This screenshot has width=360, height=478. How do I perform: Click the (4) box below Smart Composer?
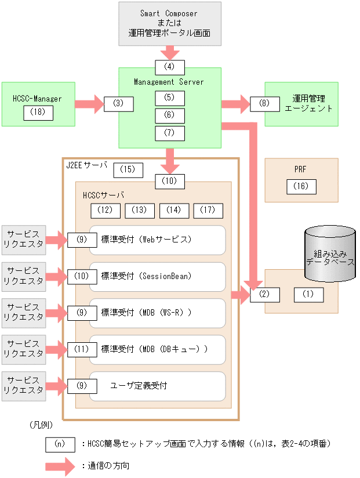coord(170,67)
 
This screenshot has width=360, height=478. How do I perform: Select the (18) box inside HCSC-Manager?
coord(38,113)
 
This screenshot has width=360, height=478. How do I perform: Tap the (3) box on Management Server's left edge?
coord(119,104)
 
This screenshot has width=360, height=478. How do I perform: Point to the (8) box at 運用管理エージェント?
coord(264,104)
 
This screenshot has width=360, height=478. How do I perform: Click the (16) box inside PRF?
coord(301,186)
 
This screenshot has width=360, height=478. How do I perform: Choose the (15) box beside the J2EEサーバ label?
coord(128,170)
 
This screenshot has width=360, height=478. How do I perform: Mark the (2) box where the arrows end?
coord(265,294)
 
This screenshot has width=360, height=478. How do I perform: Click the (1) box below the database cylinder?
coord(308,294)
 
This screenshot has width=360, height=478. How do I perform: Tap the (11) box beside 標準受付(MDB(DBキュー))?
coord(82,349)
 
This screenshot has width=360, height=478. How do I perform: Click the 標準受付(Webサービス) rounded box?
coord(161,240)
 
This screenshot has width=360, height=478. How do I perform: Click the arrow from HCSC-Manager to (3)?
coord(89,104)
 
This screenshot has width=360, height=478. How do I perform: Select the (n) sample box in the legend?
coord(60,444)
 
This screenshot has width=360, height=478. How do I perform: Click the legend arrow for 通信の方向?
coord(60,466)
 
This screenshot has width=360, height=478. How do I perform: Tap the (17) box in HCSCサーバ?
coord(208,210)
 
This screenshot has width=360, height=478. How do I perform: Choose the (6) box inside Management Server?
coord(170,115)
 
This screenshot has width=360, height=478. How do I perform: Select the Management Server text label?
coord(169,82)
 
